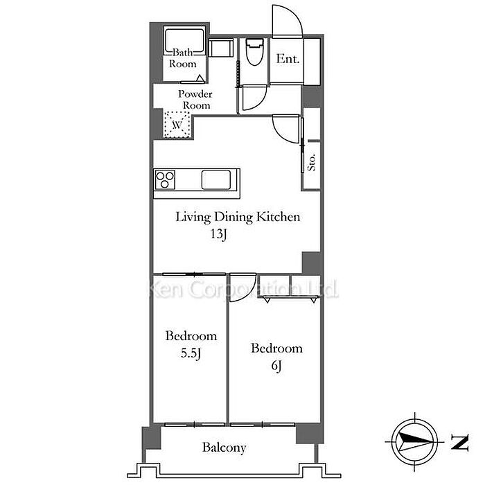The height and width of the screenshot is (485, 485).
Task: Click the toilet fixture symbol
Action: click(254, 52)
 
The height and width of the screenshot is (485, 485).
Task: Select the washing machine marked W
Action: click(177, 124)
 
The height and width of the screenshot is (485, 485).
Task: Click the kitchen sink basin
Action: click(216, 179)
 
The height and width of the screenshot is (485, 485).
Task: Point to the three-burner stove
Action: click(165, 179)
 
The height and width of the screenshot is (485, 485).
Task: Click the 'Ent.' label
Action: click(288, 59)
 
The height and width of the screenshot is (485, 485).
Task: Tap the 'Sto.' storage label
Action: click(312, 162)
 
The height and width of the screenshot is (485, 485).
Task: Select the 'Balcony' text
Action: click(224, 448)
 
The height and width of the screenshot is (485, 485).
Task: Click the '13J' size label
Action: click(219, 234)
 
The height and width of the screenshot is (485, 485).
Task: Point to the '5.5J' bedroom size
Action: click(191, 353)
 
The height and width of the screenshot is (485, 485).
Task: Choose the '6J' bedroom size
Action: click(276, 366)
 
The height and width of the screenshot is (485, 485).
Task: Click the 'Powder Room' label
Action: click(195, 100)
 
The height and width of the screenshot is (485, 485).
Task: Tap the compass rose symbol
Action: click(414, 441)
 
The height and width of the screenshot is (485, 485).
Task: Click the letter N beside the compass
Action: click(459, 442)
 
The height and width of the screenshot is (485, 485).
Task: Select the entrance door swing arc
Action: click(287, 21)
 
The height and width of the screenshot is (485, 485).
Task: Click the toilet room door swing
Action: click(254, 98)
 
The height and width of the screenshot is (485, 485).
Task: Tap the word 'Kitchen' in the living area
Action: click(278, 216)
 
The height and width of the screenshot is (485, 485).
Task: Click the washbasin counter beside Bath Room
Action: click(220, 48)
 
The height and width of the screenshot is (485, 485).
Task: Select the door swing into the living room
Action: click(285, 129)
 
